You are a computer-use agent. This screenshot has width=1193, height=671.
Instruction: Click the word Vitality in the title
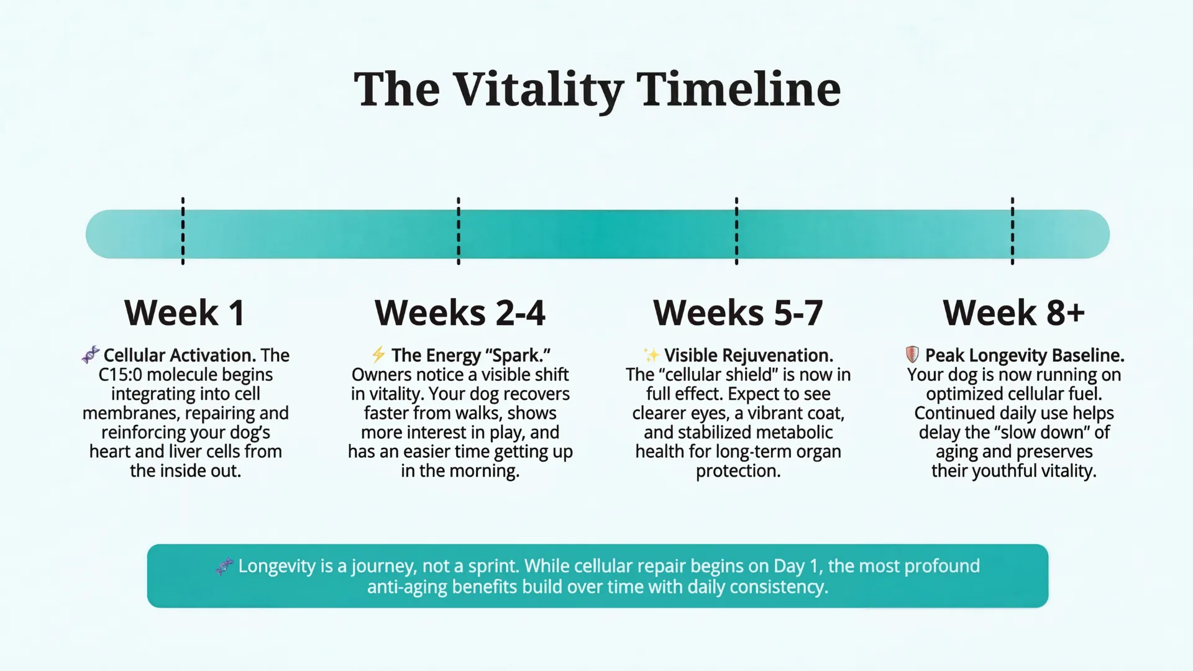(x=538, y=91)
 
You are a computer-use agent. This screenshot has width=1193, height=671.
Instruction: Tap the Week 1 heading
(x=185, y=313)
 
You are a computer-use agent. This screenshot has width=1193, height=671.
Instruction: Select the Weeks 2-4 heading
(x=460, y=313)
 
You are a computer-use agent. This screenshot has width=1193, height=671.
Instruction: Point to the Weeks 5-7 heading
(x=738, y=313)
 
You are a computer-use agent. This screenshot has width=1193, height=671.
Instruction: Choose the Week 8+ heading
(x=1013, y=313)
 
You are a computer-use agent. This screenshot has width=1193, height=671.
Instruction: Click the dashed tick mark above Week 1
(x=183, y=231)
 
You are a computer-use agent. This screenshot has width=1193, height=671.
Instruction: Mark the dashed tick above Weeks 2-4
(x=459, y=231)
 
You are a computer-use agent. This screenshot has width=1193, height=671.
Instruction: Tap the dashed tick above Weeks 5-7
(x=736, y=231)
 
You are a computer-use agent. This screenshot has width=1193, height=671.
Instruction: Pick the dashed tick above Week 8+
(x=1012, y=231)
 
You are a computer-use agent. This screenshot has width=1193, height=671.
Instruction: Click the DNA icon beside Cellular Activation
(x=91, y=355)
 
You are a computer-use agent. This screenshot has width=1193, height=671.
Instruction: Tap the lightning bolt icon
(x=378, y=355)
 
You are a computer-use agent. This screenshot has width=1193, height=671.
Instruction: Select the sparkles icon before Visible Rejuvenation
(x=651, y=355)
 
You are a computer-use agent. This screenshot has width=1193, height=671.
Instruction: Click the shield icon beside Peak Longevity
(x=912, y=355)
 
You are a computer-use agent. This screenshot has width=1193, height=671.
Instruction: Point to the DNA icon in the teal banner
(x=224, y=566)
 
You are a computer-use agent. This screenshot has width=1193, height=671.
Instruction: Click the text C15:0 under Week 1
(x=121, y=375)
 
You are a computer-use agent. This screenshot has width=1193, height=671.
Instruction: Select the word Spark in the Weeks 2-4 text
(x=515, y=355)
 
